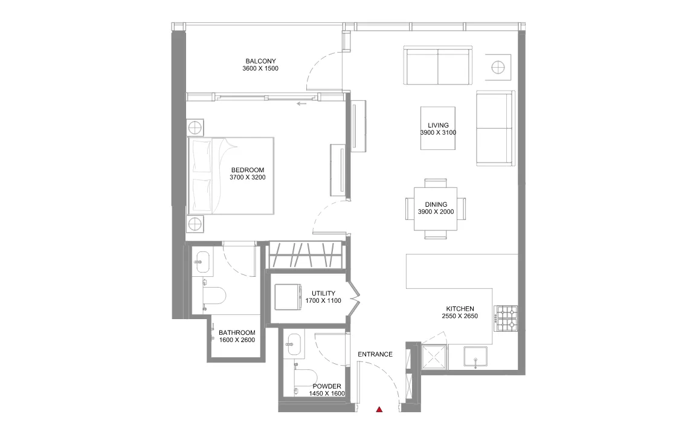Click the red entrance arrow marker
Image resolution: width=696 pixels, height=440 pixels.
coord(379,409)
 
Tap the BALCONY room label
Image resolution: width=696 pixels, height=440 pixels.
coord(260,61)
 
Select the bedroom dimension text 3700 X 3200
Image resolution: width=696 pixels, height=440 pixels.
coord(248,178)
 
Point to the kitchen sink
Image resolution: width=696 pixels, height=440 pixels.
coord(475,358)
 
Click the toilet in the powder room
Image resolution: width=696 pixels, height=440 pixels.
coord(305,377)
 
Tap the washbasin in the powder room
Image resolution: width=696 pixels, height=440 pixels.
coord(294,345)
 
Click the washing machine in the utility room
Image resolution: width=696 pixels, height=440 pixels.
coord(288,297)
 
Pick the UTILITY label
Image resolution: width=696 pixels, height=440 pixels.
coord(323,294)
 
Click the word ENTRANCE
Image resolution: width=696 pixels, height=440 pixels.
coord(375,354)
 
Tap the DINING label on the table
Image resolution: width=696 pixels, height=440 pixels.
coord(436,205)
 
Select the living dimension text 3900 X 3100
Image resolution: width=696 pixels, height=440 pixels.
coord(438,133)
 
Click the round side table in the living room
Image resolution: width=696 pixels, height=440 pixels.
coord(498,68)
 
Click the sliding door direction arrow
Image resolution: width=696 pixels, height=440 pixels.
coord(302,104)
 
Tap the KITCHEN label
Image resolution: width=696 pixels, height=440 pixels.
coord(460,309)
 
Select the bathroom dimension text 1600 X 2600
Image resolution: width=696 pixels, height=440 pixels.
coord(237,340)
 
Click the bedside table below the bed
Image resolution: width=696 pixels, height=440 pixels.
coord(195,224)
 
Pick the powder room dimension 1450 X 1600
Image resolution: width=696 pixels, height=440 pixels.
coord(327,394)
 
